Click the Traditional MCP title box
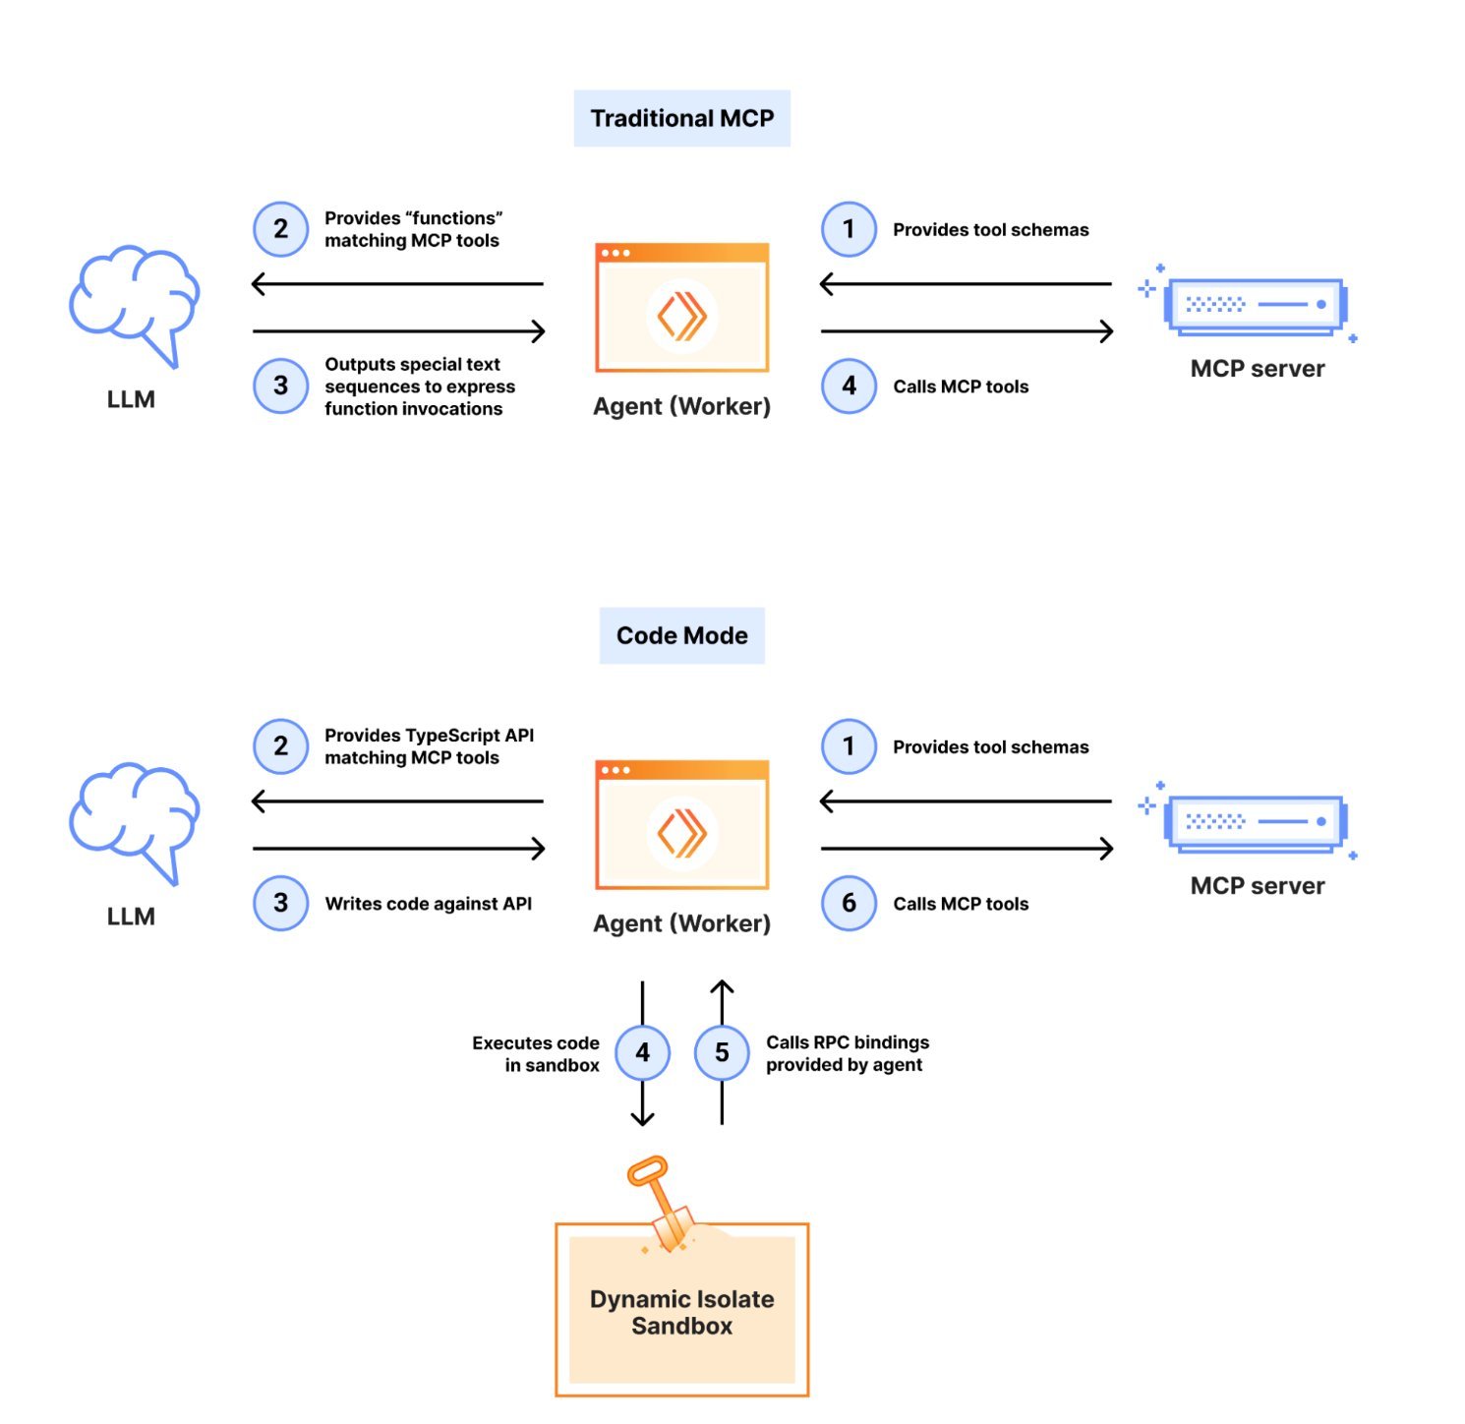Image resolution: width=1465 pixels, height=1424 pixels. pyautogui.click(x=681, y=118)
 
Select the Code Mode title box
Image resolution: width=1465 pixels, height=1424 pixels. pyautogui.click(x=681, y=635)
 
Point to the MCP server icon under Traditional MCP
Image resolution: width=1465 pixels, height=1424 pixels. pyautogui.click(x=1254, y=305)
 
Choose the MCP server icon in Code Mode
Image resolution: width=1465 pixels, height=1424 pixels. pyautogui.click(x=1254, y=822)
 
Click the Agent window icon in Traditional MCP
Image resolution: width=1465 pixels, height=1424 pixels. pyautogui.click(x=681, y=308)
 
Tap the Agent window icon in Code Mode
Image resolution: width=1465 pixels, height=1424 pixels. pyautogui.click(x=681, y=825)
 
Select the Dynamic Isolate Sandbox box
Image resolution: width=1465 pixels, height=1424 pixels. pyautogui.click(x=681, y=1311)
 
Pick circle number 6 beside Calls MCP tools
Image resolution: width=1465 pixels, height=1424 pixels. pyautogui.click(x=849, y=903)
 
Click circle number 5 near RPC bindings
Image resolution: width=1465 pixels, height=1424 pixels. pyautogui.click(x=722, y=1052)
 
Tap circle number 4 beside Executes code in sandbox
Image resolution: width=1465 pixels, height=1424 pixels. pyautogui.click(x=642, y=1052)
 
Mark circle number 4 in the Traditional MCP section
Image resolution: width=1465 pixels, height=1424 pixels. pyautogui.click(x=849, y=386)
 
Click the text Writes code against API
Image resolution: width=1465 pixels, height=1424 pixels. pyautogui.click(x=428, y=904)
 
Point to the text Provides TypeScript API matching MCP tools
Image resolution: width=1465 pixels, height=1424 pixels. pyautogui.click(x=429, y=746)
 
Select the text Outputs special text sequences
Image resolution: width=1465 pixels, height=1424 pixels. pyautogui.click(x=419, y=386)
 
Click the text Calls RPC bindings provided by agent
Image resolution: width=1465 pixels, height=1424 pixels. pyautogui.click(x=847, y=1053)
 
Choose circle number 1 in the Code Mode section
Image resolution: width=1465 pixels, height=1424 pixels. pyautogui.click(x=849, y=745)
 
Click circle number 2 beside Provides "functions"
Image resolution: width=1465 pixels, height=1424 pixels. pyautogui.click(x=280, y=228)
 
